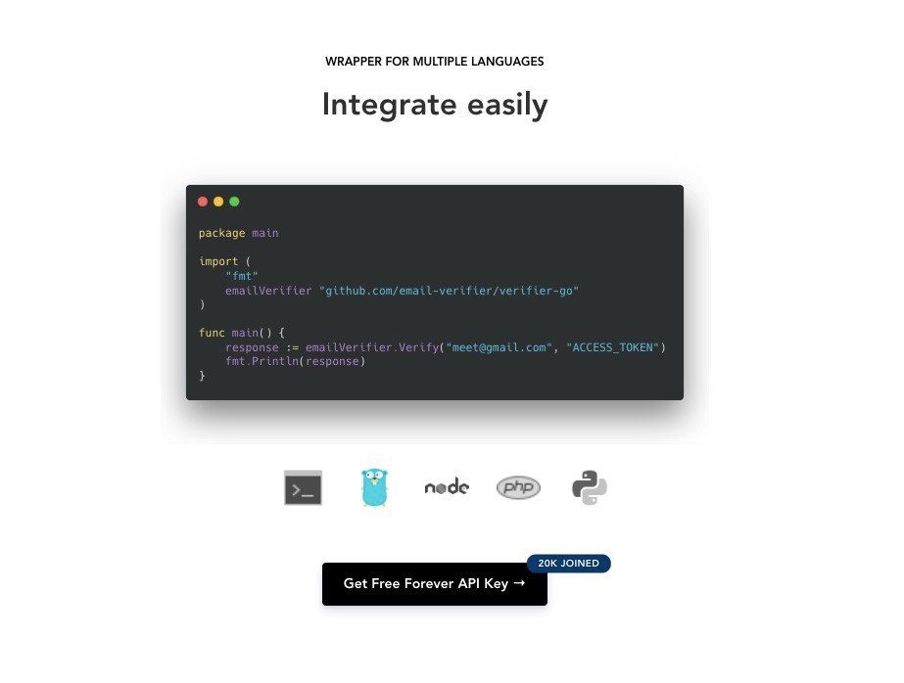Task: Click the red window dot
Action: [203, 202]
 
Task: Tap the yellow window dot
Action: [218, 202]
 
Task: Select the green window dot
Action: [234, 202]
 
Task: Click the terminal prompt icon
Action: [304, 487]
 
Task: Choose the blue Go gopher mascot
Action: [375, 487]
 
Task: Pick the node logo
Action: [447, 487]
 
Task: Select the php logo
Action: [518, 487]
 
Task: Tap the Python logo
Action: [590, 487]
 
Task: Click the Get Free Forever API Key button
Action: [435, 584]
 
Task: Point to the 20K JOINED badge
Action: [568, 564]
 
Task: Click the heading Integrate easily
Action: [435, 106]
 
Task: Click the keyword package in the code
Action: [222, 233]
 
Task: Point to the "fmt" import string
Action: [242, 276]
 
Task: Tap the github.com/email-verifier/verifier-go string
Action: [450, 291]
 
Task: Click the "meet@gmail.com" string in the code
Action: [500, 347]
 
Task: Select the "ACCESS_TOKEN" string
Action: [613, 347]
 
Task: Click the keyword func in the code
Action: [212, 333]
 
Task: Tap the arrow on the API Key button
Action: [519, 583]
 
